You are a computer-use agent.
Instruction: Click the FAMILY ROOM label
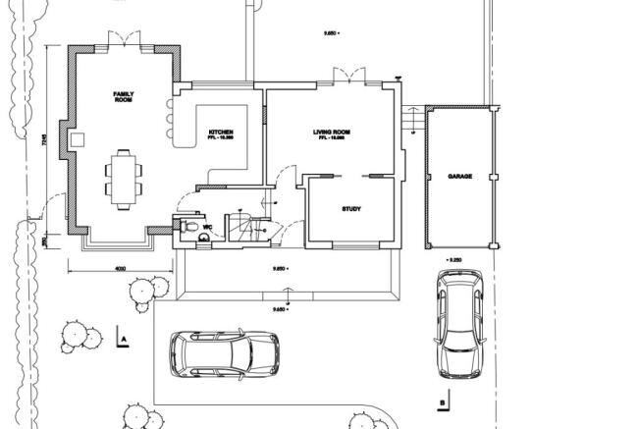coord(123,96)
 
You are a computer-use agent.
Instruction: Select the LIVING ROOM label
coord(332,133)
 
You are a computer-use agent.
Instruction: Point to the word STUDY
coord(350,209)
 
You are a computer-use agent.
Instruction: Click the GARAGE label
coord(459,176)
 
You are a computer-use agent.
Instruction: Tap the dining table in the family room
coord(123,178)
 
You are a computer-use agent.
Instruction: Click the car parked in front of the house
coord(224,353)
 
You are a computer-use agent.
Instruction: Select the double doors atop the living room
coord(343,76)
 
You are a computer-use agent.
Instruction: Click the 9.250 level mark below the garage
coord(452,260)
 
